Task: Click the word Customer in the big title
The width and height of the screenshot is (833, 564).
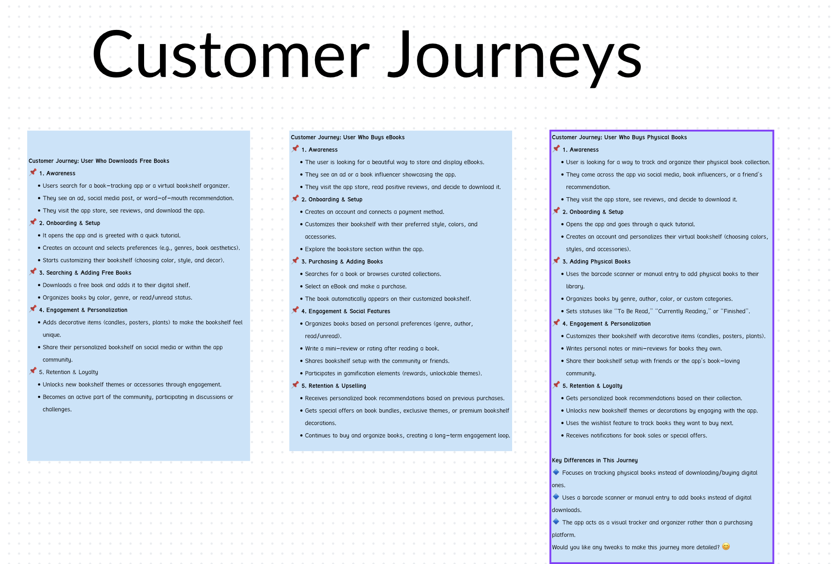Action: click(231, 54)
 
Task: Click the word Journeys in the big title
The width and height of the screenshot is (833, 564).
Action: click(514, 58)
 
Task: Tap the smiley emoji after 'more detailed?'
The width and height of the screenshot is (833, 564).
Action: click(726, 547)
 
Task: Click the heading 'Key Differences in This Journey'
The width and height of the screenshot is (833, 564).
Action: click(595, 460)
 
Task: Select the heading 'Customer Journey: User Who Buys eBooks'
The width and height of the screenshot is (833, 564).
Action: click(348, 137)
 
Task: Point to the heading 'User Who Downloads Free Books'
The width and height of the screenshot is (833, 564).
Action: click(125, 161)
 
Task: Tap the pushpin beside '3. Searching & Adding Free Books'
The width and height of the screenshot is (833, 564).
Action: click(33, 272)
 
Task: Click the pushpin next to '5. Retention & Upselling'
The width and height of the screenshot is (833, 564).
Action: click(295, 385)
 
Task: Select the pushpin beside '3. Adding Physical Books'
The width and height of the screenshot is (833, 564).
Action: click(557, 261)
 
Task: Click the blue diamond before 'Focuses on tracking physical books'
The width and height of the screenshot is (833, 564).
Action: click(556, 472)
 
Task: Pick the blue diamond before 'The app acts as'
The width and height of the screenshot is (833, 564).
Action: click(556, 522)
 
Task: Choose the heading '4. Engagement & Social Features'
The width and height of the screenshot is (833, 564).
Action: click(346, 311)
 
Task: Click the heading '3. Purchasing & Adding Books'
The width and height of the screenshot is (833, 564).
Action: click(342, 262)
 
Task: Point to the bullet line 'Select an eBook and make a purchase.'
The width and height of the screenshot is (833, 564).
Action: click(356, 287)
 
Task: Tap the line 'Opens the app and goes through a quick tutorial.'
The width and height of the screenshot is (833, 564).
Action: click(630, 224)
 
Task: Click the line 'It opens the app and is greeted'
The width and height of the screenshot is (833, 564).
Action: click(111, 236)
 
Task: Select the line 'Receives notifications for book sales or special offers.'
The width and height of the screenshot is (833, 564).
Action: click(636, 436)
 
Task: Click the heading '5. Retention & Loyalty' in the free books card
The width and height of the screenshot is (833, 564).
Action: click(68, 372)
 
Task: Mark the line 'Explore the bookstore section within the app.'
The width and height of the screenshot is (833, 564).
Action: click(364, 249)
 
